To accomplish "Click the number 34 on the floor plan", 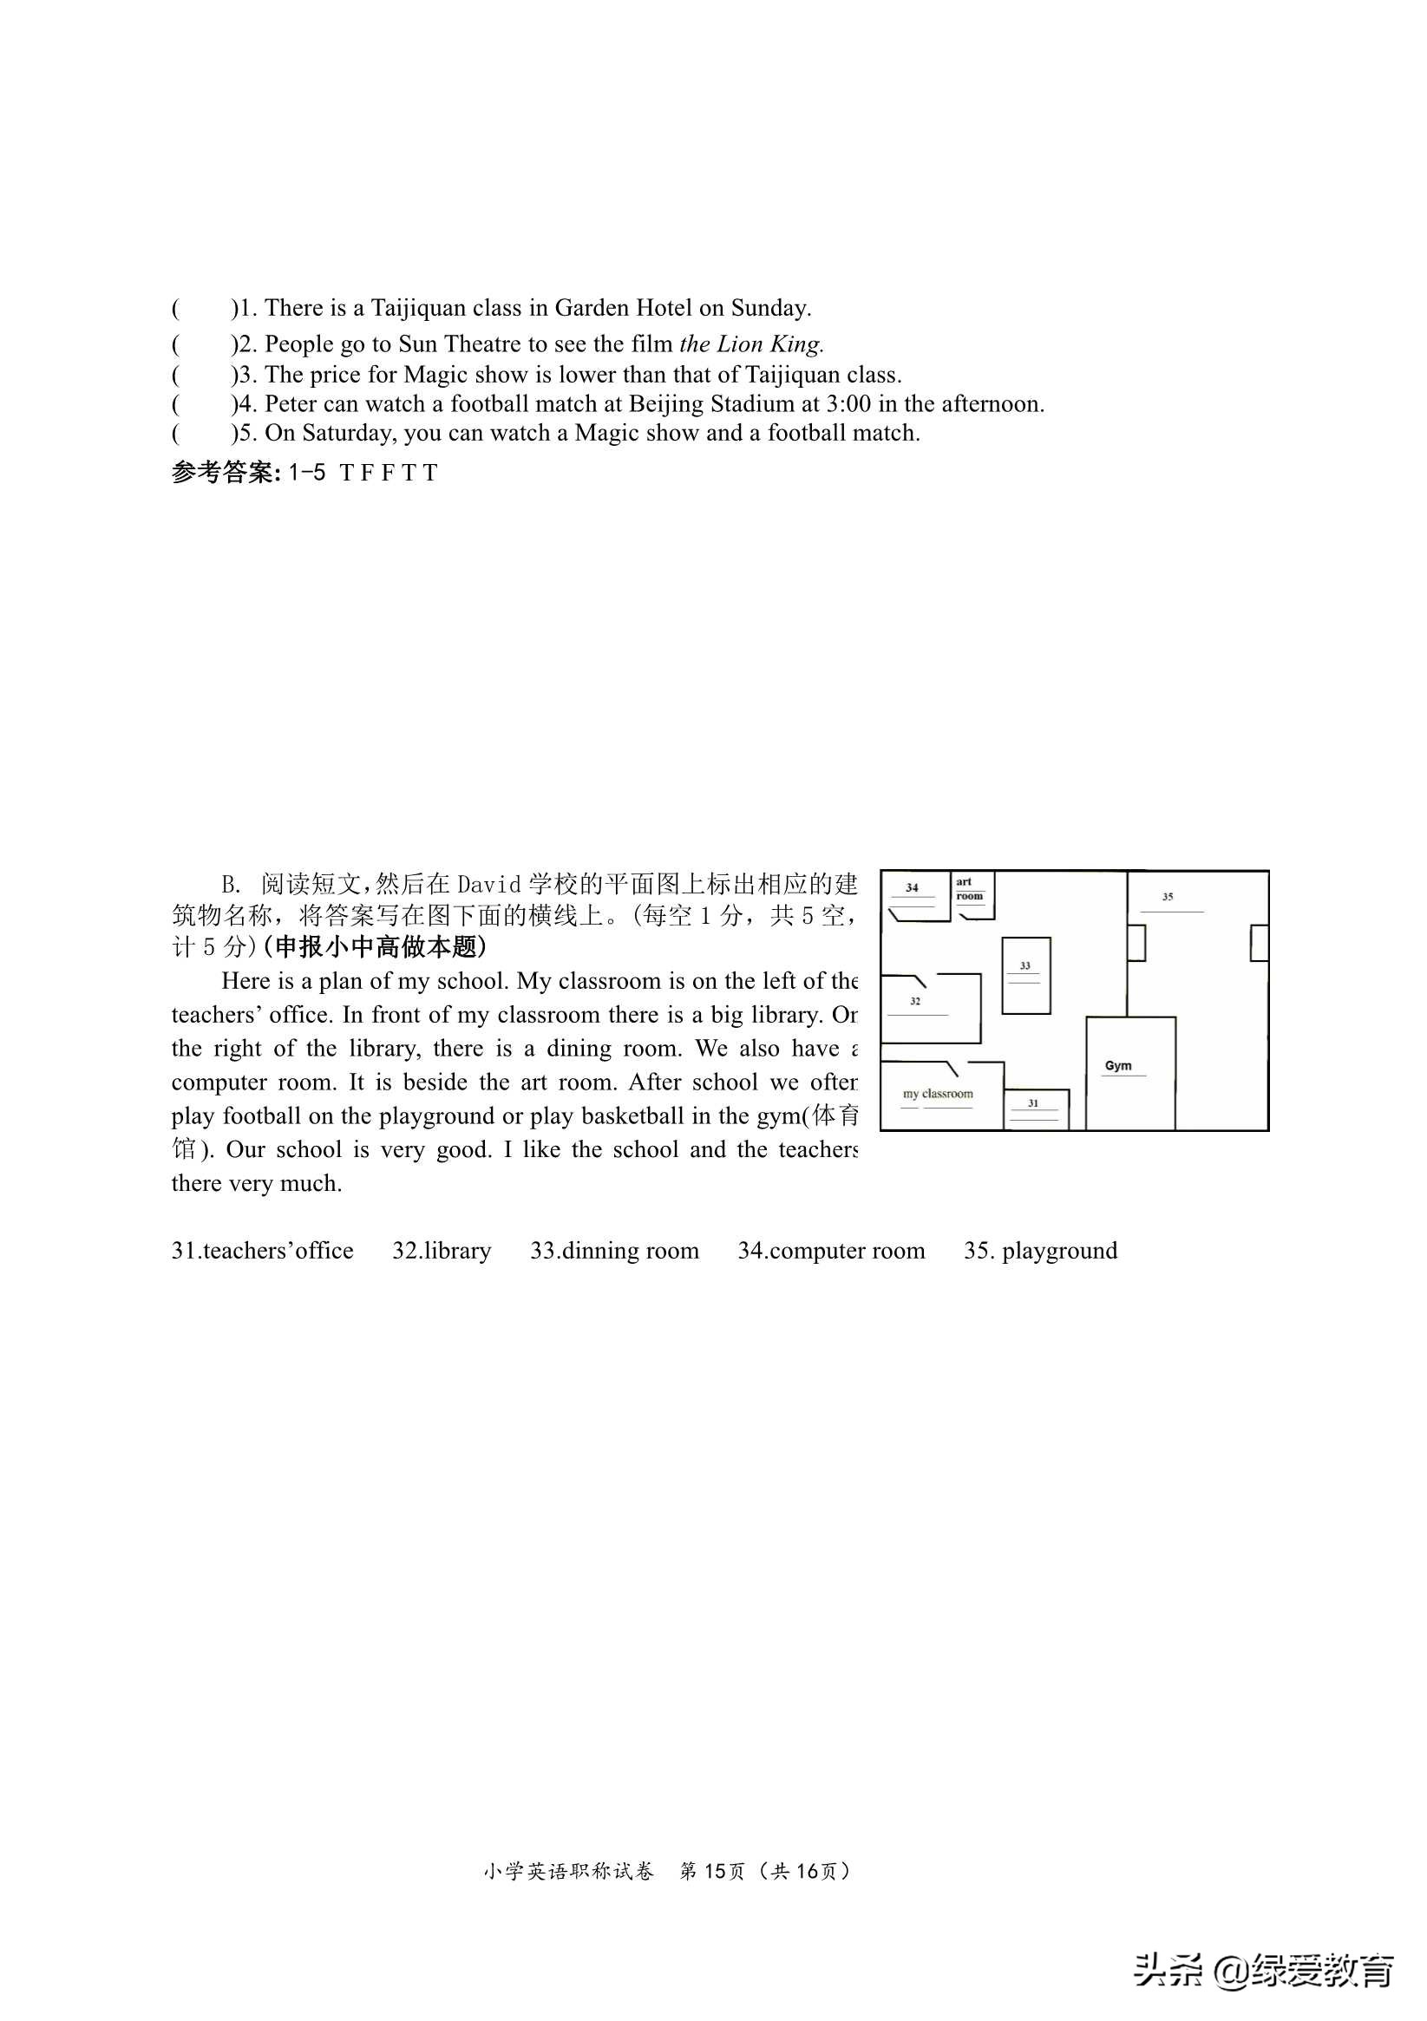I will (x=912, y=887).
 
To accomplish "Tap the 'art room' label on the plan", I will (x=968, y=889).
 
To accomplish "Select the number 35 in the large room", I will (x=1168, y=897).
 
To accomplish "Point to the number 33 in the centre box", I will (x=1024, y=965).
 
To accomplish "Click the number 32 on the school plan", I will (x=915, y=1001).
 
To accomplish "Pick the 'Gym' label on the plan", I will (x=1118, y=1066).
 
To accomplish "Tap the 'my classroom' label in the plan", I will (x=938, y=1094).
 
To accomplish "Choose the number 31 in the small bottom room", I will (x=1033, y=1103).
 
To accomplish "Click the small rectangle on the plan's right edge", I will (x=1259, y=943).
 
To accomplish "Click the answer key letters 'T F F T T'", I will (x=389, y=474).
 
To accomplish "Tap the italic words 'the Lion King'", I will (x=751, y=343).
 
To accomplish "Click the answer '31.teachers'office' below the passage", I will (x=262, y=1251).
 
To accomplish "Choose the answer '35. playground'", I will (x=1041, y=1251).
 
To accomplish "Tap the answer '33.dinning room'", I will (x=614, y=1251).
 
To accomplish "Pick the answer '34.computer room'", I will (x=831, y=1251).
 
